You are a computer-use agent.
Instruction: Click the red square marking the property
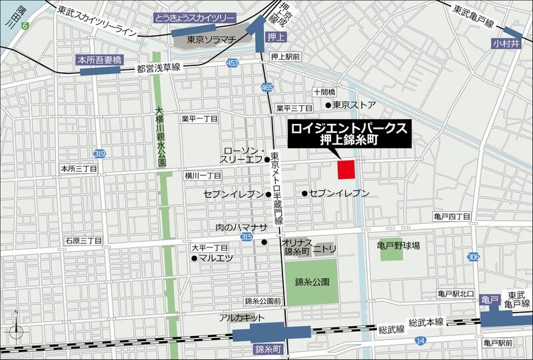tap(346, 169)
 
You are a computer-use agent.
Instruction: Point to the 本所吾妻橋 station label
tap(101, 59)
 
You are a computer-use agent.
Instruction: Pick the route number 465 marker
tap(267, 87)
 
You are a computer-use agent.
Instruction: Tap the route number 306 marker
tap(474, 257)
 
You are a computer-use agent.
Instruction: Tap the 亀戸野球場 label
tap(400, 245)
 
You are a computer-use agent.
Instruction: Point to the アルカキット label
tap(238, 319)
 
